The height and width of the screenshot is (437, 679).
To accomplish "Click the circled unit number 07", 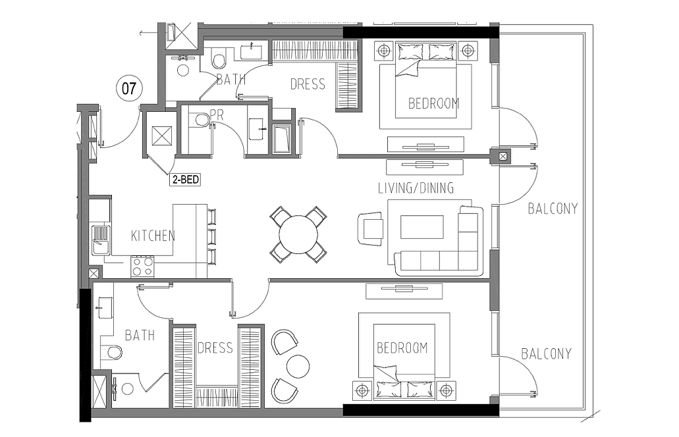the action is click(128, 88).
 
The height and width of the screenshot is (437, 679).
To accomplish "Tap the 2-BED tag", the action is click(186, 180).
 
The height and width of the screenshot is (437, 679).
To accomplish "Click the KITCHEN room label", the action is click(153, 236).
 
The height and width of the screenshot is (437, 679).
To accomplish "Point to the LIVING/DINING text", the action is click(416, 188).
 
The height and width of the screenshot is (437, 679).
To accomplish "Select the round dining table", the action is click(298, 235).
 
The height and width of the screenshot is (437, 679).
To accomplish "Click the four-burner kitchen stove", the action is click(142, 266).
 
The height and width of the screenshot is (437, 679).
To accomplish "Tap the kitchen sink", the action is click(101, 240).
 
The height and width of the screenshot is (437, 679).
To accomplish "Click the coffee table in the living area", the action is click(421, 227).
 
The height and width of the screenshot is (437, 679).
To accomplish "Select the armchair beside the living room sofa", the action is click(370, 228).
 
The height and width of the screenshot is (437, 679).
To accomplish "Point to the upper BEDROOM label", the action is click(433, 103).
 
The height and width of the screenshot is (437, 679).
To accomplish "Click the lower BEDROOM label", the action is click(402, 348).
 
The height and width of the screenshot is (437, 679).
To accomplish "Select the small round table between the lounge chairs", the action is click(298, 366).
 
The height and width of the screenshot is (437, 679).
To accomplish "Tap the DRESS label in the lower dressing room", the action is click(215, 348).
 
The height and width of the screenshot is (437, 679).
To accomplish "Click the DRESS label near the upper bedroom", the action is click(308, 84).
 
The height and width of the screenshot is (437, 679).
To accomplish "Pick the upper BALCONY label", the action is click(553, 209).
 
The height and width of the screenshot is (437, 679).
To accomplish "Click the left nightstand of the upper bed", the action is click(384, 51).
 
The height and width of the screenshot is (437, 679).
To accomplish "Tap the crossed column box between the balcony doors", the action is click(502, 156).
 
